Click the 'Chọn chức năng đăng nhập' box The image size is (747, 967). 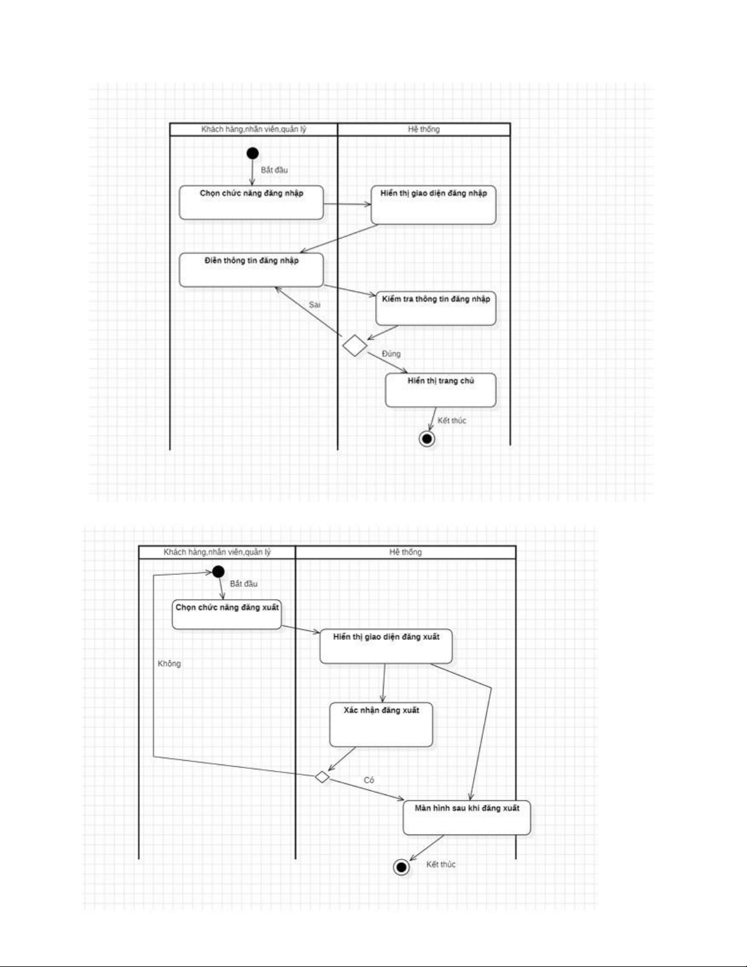pyautogui.click(x=251, y=203)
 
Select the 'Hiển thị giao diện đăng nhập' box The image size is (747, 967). pyautogui.click(x=434, y=205)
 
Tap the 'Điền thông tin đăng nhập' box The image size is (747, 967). pyautogui.click(x=251, y=270)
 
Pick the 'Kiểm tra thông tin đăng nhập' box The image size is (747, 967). pyautogui.click(x=436, y=308)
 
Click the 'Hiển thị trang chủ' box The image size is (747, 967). pyautogui.click(x=441, y=390)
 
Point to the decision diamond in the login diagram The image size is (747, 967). pyautogui.click(x=355, y=346)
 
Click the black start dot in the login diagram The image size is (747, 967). pyautogui.click(x=252, y=154)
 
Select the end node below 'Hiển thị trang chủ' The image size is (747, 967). pyautogui.click(x=427, y=439)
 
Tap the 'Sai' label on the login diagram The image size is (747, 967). pyautogui.click(x=315, y=305)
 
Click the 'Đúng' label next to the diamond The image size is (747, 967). pyautogui.click(x=391, y=354)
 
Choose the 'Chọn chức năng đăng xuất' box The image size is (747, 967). pyautogui.click(x=227, y=614)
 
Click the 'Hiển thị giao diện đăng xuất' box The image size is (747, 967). pyautogui.click(x=386, y=646)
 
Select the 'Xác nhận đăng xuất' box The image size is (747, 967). pyautogui.click(x=381, y=724)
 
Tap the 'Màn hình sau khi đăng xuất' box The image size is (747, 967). pyautogui.click(x=467, y=818)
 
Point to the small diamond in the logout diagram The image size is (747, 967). pyautogui.click(x=322, y=777)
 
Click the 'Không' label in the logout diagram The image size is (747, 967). pyautogui.click(x=170, y=664)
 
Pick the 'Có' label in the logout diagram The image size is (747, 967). pyautogui.click(x=369, y=780)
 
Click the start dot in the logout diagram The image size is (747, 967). pyautogui.click(x=218, y=572)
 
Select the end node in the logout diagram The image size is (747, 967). pyautogui.click(x=401, y=867)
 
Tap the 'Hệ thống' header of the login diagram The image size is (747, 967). pyautogui.click(x=424, y=129)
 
